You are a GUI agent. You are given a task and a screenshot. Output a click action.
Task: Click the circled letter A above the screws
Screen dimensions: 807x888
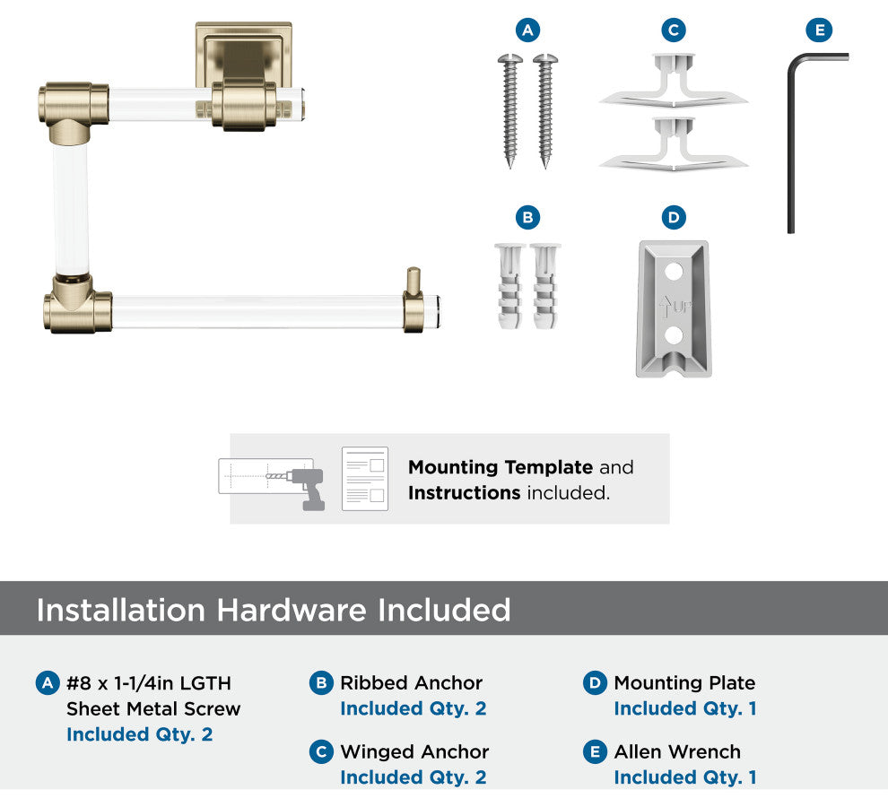527,30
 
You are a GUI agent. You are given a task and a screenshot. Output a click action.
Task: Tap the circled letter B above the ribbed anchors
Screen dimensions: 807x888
527,217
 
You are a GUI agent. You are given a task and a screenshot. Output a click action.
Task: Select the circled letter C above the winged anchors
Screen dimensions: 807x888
673,30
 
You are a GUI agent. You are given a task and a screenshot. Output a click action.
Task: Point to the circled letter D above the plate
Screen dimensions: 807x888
674,217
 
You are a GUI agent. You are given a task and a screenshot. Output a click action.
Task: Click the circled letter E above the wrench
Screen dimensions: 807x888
817,30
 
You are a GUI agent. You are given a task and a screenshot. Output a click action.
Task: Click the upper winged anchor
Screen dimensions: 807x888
673,86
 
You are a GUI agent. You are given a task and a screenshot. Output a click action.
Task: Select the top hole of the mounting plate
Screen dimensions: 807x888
675,268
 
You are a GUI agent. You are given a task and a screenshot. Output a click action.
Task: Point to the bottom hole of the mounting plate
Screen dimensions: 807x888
675,335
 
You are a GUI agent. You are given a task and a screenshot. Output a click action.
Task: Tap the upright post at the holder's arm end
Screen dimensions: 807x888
413,282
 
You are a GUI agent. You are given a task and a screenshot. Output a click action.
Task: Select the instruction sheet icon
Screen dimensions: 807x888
365,479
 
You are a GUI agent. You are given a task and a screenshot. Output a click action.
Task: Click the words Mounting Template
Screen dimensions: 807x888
500,467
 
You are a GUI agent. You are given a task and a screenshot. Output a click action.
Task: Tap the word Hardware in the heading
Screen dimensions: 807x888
292,610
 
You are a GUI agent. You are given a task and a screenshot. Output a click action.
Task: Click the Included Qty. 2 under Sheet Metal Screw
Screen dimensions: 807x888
139,734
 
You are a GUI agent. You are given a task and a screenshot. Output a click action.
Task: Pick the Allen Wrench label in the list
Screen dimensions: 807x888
677,751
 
